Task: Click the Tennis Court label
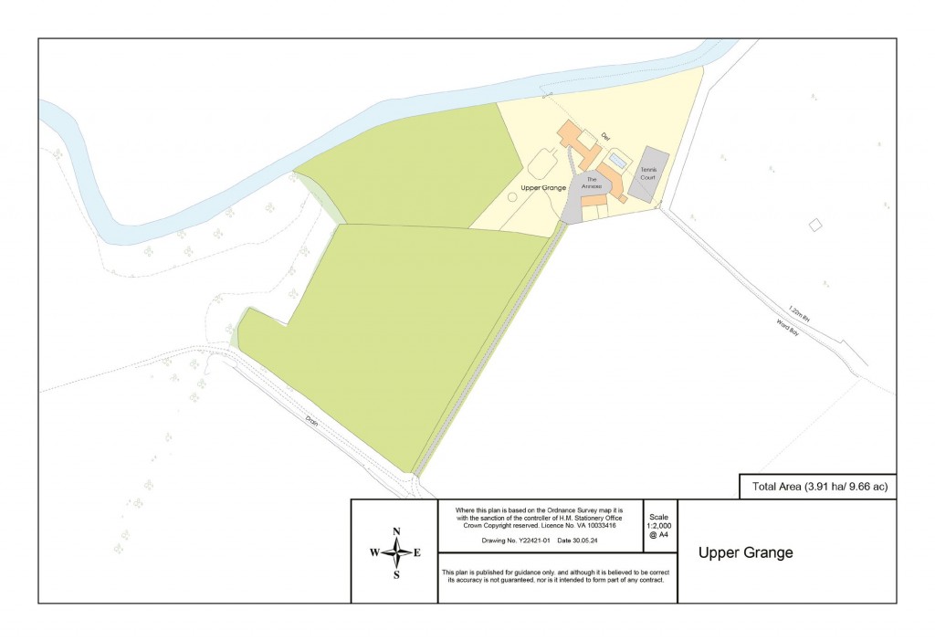click(x=648, y=173)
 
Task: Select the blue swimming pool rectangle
click(x=618, y=162)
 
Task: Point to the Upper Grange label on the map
click(x=543, y=187)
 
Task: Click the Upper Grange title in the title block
click(x=746, y=552)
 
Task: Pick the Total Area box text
click(x=819, y=487)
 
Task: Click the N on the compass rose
click(x=396, y=531)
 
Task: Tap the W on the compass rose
click(x=374, y=552)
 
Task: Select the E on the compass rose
click(x=417, y=552)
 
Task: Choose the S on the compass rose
click(x=396, y=574)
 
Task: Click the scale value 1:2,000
click(x=659, y=525)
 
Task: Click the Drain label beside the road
click(x=313, y=423)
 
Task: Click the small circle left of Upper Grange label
click(x=511, y=196)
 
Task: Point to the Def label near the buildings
click(x=604, y=138)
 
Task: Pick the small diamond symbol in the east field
click(x=815, y=224)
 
